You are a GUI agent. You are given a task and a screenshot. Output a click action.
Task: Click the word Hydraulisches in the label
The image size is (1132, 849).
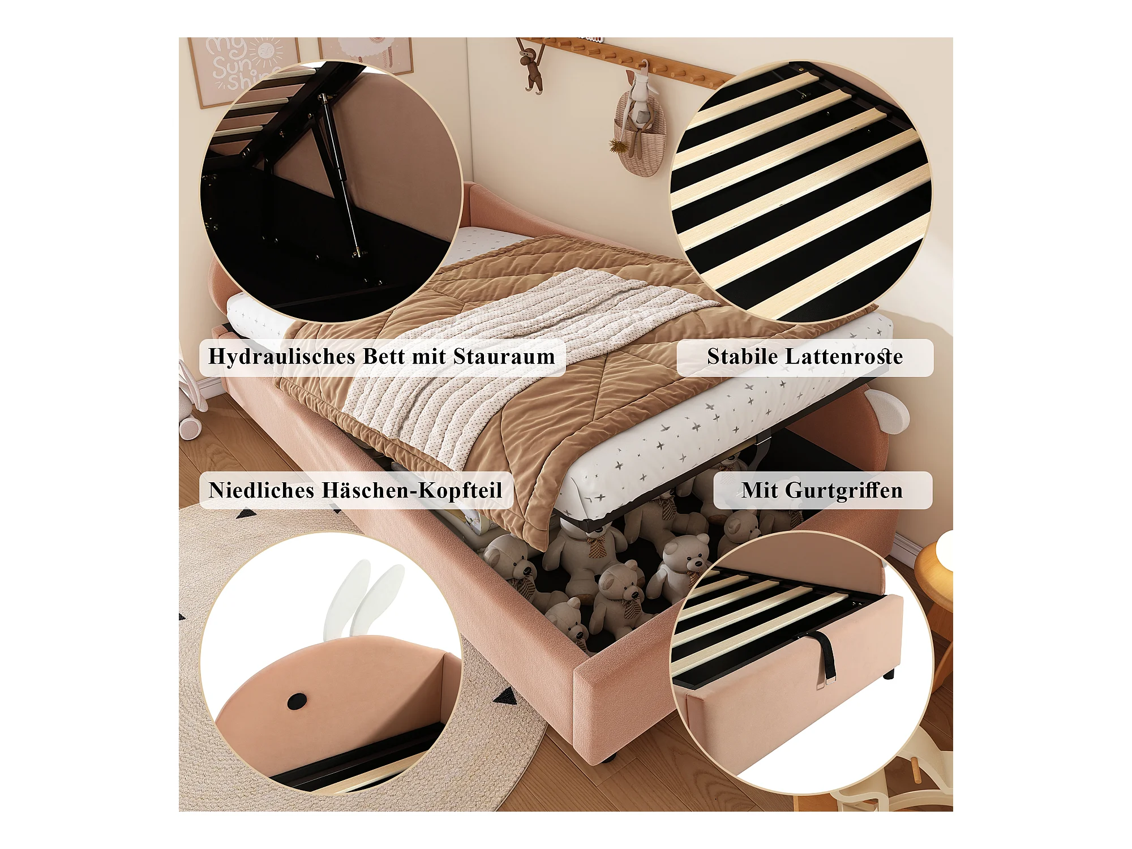[282, 357]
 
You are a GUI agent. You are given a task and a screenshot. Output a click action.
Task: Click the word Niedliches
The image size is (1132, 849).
[261, 490]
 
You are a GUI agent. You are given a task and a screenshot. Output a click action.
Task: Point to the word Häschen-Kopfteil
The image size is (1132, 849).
[411, 491]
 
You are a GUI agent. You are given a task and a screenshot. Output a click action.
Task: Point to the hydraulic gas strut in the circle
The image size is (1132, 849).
[340, 175]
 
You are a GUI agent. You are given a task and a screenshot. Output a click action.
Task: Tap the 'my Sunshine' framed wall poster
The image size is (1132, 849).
[243, 71]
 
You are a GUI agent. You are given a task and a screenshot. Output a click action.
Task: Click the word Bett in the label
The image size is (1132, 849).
[383, 357]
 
